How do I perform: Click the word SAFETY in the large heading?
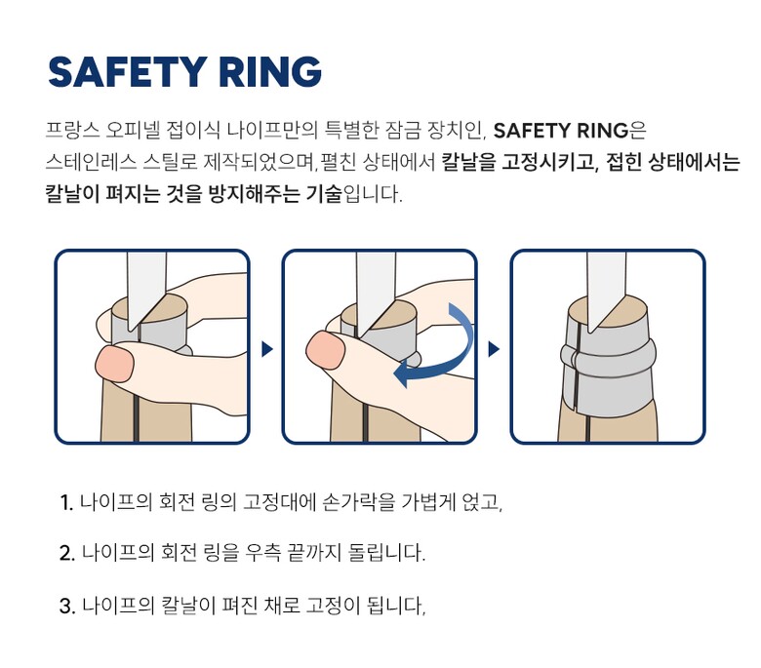click(x=128, y=72)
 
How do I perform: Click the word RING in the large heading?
click(x=270, y=72)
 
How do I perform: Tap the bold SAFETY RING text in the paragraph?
click(x=561, y=131)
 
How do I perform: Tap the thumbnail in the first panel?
click(x=114, y=365)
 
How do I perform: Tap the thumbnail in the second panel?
click(x=326, y=349)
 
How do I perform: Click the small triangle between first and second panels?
click(x=267, y=349)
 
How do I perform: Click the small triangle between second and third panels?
click(x=494, y=349)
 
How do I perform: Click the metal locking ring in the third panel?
click(x=608, y=357)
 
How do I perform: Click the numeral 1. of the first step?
click(x=66, y=502)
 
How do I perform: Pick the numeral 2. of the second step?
click(x=67, y=554)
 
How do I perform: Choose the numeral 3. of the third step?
click(x=67, y=606)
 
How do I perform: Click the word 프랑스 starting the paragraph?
click(x=72, y=131)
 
